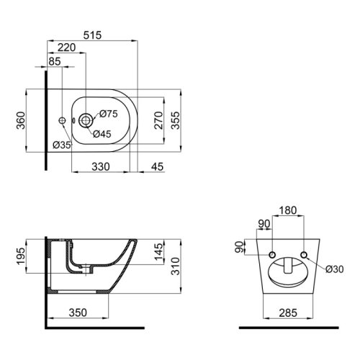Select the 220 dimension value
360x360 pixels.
pyautogui.click(x=66, y=48)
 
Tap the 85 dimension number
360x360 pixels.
pyautogui.click(x=55, y=61)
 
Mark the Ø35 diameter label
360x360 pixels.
pyautogui.click(x=62, y=145)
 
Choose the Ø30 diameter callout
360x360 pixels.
pyautogui.click(x=334, y=269)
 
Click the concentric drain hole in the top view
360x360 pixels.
pyautogui.click(x=86, y=121)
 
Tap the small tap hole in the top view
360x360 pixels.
pyautogui.click(x=63, y=121)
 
